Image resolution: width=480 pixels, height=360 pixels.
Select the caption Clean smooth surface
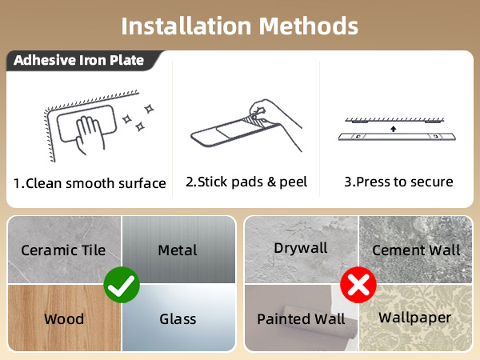pos(89,183)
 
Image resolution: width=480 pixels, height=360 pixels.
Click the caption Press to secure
pos(398,182)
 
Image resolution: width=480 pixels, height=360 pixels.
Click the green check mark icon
pos(122,283)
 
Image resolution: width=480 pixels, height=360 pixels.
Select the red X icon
pos(358,283)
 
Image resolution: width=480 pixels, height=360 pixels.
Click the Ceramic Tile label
pos(63,250)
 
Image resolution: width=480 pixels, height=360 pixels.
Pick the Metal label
pos(178,250)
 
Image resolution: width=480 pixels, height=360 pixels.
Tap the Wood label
pos(64,319)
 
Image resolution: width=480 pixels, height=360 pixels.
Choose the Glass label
pos(178,319)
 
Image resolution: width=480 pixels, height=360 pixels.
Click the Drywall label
pos(301,248)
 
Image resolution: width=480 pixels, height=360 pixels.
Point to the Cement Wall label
pos(416,250)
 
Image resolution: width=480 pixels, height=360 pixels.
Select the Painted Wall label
pos(301,319)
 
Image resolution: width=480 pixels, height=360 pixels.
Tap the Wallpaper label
pos(415,318)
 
